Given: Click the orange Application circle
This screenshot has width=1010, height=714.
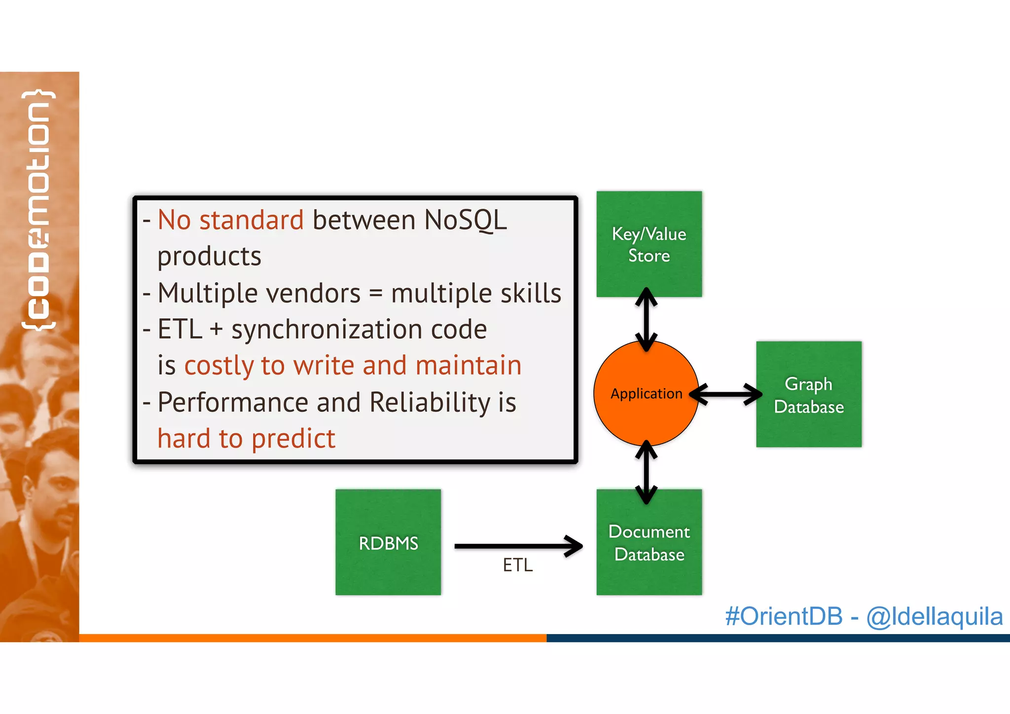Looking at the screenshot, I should (646, 393).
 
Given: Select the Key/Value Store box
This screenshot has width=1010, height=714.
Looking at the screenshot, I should (649, 244).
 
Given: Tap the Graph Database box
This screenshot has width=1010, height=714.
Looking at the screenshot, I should (809, 394).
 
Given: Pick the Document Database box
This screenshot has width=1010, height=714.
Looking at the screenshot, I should (649, 542).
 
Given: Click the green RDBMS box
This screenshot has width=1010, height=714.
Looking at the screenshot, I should (388, 542).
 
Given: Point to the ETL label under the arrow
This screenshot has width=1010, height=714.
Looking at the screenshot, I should (518, 565).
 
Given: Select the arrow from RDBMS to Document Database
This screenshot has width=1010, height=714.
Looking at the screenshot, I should (518, 546).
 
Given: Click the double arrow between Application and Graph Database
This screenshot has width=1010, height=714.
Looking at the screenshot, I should (726, 394).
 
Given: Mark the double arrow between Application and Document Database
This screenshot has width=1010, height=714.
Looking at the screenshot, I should (646, 472).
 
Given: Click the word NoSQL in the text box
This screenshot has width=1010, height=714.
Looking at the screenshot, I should (465, 220).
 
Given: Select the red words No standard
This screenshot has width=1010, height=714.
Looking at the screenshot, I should (230, 220).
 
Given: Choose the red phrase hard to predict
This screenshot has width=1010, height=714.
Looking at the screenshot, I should (246, 438).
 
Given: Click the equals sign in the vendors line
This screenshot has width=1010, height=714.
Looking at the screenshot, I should (376, 294).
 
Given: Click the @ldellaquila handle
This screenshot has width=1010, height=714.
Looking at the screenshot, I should (934, 616).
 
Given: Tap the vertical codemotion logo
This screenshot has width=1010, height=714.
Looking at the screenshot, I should (38, 210).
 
